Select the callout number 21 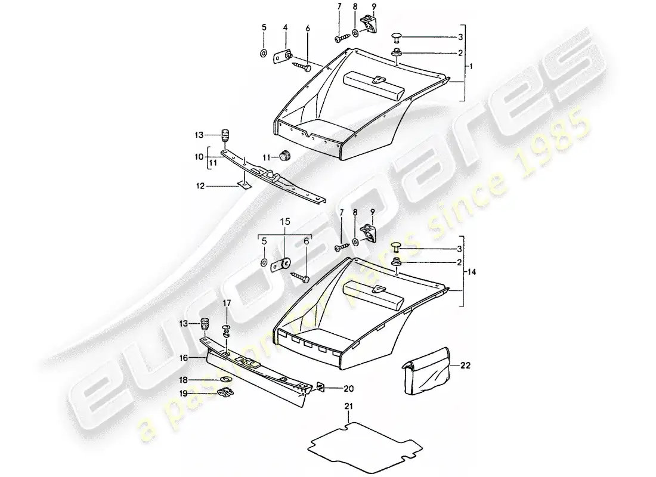point(348,407)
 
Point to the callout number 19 point(184,394)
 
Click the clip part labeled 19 point(224,392)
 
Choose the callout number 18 point(184,379)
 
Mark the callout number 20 point(347,388)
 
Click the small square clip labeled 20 point(321,387)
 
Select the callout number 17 point(227,304)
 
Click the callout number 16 point(184,358)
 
